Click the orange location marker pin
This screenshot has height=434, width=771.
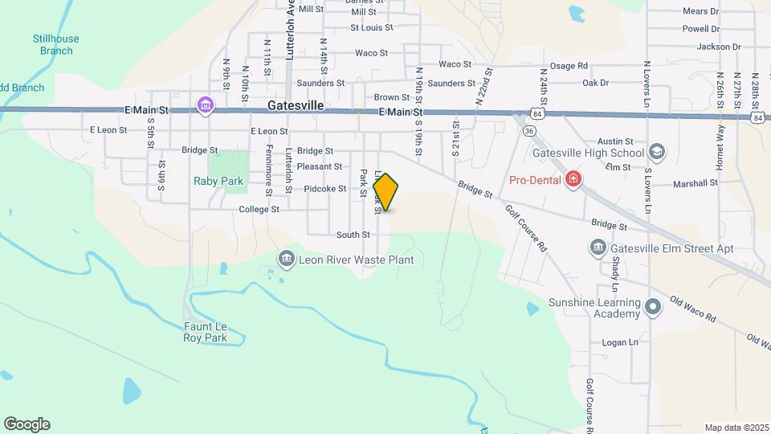[386, 192]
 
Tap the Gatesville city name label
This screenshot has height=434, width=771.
[297, 106]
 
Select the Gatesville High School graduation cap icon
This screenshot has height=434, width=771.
[657, 153]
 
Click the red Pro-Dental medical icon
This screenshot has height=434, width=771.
[573, 178]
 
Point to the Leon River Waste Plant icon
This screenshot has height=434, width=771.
[286, 259]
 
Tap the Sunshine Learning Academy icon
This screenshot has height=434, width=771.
[654, 307]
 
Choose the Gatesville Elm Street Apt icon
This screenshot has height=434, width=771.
[598, 248]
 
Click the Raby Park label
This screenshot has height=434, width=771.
[218, 181]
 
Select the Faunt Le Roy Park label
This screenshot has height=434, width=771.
[205, 332]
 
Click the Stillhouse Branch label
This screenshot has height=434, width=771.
[56, 44]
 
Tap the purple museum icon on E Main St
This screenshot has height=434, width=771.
[205, 104]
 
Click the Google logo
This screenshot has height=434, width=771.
[27, 424]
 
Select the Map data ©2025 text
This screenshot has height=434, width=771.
[736, 428]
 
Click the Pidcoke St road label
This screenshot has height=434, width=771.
[325, 189]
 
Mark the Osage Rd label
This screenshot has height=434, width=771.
[568, 66]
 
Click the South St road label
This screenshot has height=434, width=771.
[353, 235]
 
